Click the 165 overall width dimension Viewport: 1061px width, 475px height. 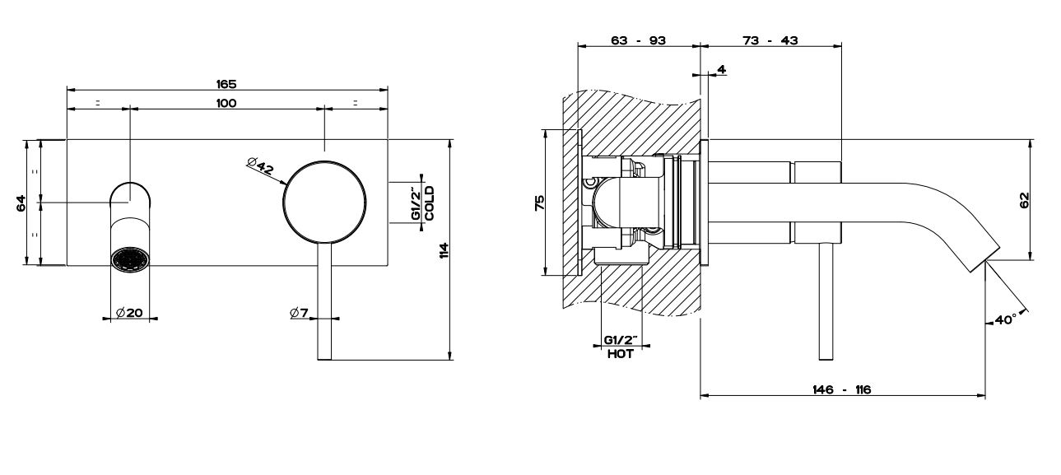[x=226, y=84]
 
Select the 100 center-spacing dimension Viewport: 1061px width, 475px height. [x=226, y=103]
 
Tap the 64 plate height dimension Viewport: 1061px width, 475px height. [x=21, y=203]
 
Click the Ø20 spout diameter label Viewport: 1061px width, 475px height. [x=129, y=313]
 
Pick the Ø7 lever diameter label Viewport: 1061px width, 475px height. [x=299, y=313]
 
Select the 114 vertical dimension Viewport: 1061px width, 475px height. [x=444, y=250]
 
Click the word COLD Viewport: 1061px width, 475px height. [x=429, y=203]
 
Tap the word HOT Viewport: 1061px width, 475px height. [x=621, y=354]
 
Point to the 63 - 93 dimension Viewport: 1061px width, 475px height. [x=638, y=40]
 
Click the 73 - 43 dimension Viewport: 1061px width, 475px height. [x=770, y=40]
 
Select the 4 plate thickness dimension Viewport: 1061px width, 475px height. [x=721, y=70]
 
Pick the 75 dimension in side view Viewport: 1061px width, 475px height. [x=539, y=203]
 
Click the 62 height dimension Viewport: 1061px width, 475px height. [x=1024, y=200]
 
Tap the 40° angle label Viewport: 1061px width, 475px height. [x=1005, y=319]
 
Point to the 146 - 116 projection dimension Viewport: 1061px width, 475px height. [x=842, y=389]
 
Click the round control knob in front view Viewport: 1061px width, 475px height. [x=324, y=203]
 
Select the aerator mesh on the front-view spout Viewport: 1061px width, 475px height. [x=130, y=260]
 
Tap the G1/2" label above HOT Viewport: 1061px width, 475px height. [x=621, y=339]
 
